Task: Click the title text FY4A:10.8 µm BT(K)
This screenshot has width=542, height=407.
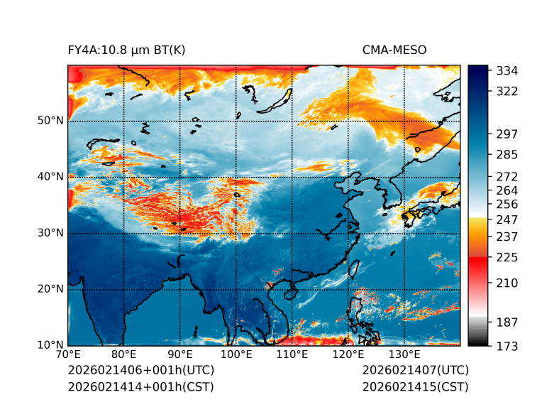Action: tap(126, 50)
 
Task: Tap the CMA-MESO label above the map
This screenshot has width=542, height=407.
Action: tap(394, 50)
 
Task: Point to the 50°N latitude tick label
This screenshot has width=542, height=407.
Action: tap(50, 120)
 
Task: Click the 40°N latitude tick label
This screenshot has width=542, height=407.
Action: tap(50, 176)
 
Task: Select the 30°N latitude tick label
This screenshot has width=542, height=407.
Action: tap(50, 232)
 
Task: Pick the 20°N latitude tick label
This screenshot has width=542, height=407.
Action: tap(50, 288)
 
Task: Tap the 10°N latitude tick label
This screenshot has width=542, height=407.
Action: tap(50, 344)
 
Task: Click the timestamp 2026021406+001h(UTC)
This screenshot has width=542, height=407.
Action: tap(140, 370)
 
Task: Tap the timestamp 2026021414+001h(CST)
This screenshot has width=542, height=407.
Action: tap(140, 386)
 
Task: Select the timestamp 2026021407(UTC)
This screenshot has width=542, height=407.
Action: tap(415, 370)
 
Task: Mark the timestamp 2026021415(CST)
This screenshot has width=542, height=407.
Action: tap(415, 386)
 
